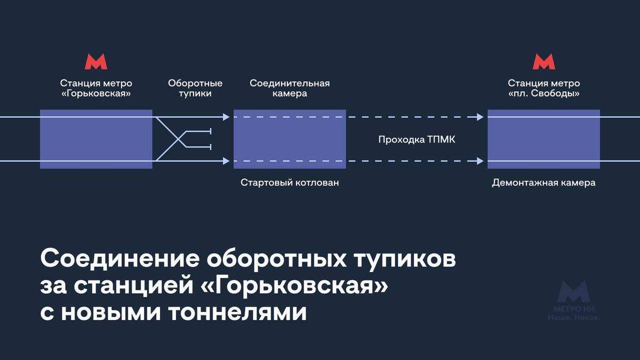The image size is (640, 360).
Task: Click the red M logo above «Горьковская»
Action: [96, 62]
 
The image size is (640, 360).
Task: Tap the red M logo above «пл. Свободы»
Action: [543, 62]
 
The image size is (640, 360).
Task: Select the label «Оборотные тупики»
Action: [195, 89]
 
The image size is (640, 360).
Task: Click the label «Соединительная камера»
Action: [290, 89]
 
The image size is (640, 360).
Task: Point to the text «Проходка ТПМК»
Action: [417, 140]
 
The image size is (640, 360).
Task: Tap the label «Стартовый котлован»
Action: [290, 183]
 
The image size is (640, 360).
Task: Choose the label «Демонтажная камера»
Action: [543, 183]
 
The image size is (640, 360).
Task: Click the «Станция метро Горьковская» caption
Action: [96, 89]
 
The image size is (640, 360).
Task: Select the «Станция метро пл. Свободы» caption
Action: [543, 89]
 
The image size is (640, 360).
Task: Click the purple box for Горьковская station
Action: [96, 139]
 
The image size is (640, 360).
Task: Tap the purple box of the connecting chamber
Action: [290, 139]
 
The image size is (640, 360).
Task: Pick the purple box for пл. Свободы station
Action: [543, 139]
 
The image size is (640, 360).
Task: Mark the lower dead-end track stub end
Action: [211, 147]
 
